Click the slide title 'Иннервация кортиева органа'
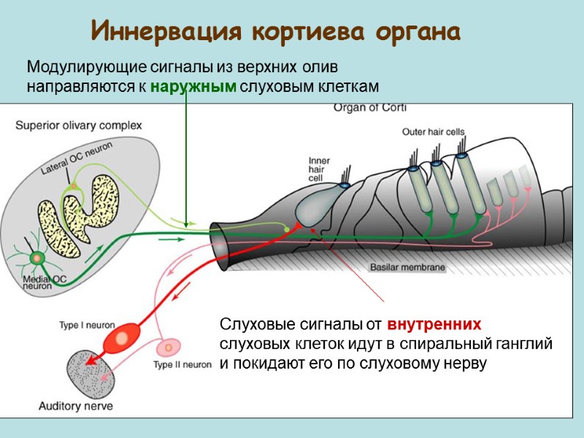pyautogui.click(x=276, y=32)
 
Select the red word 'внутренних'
pyautogui.click(x=434, y=324)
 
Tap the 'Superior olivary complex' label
pyautogui.click(x=79, y=126)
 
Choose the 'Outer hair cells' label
pyautogui.click(x=434, y=132)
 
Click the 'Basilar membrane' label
pyautogui.click(x=407, y=268)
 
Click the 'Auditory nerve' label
pyautogui.click(x=75, y=406)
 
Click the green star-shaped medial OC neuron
pyautogui.click(x=35, y=258)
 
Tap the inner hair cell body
pyautogui.click(x=316, y=208)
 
